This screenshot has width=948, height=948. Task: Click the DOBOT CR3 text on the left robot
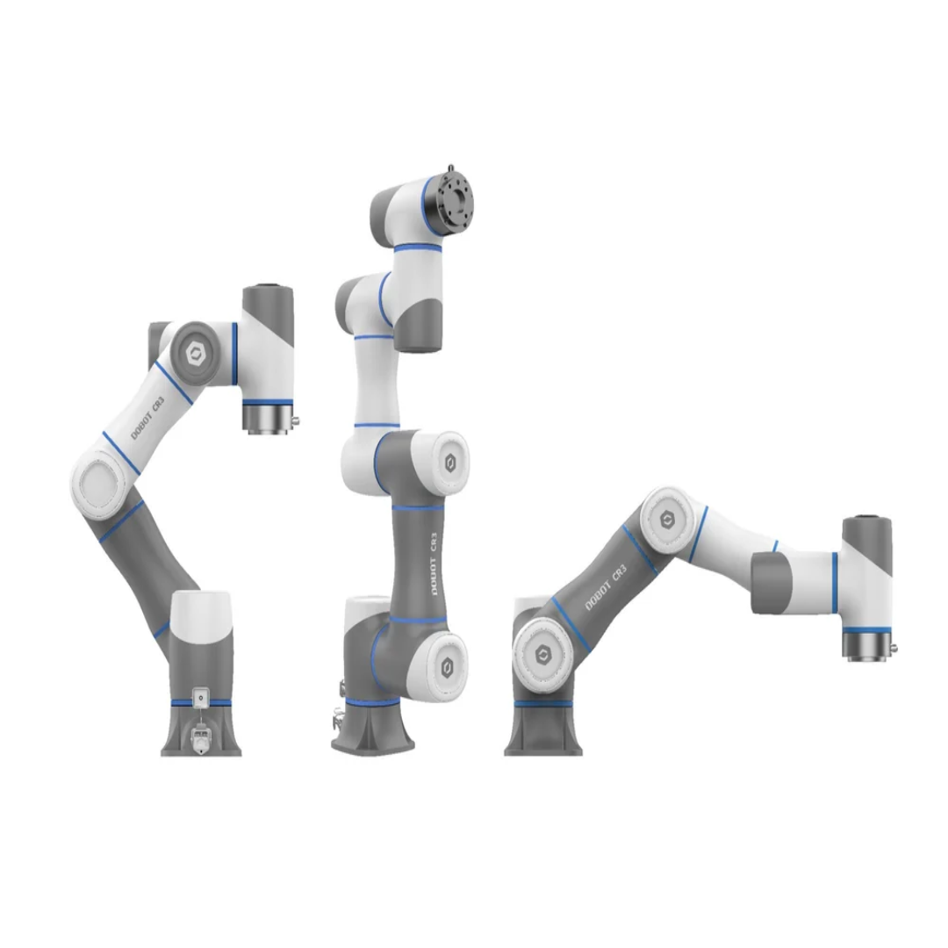coord(147,418)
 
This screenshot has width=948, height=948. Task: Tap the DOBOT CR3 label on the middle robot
coord(433,564)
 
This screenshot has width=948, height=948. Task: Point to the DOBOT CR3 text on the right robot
coord(606,587)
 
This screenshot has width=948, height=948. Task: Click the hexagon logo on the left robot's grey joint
coord(195,354)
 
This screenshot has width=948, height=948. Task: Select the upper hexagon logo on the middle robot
coord(450,463)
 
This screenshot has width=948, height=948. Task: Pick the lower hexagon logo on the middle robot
coord(448,667)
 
